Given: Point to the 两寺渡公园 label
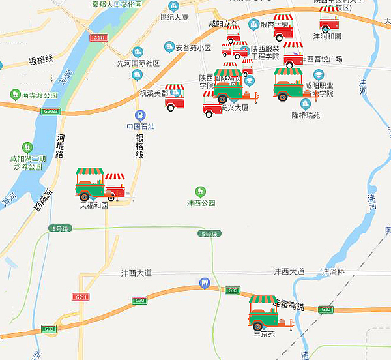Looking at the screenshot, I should (40, 95).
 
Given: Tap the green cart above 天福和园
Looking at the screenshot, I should (90, 184).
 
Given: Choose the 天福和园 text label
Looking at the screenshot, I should (94, 205).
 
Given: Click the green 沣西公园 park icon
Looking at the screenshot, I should (201, 191).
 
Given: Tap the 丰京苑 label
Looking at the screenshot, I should (264, 334).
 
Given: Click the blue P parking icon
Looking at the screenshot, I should (205, 284).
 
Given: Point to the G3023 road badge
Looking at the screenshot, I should (50, 112).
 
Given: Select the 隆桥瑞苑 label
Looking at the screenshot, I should (306, 115).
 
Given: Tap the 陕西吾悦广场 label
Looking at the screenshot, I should (322, 59).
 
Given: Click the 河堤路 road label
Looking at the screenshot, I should (61, 146).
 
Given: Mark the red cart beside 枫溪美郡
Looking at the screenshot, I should (174, 97).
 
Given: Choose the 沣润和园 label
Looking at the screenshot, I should (327, 37).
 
